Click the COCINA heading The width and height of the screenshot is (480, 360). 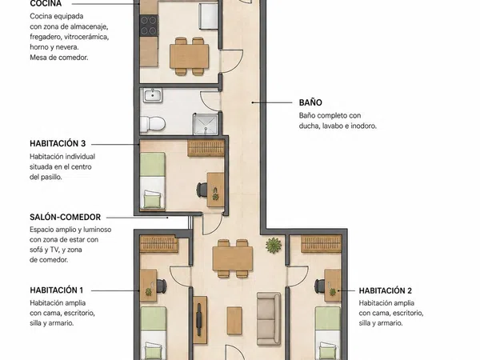click(x=46, y=4)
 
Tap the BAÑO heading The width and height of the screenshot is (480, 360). click(x=310, y=102)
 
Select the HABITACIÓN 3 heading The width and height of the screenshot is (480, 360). click(x=58, y=143)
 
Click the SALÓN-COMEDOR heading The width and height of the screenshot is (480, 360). click(x=66, y=217)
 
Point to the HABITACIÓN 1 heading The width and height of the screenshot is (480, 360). click(x=56, y=290)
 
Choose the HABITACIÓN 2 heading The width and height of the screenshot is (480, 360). click(x=386, y=290)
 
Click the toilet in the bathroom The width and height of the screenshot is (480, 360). click(x=153, y=124)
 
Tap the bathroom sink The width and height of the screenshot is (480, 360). click(x=153, y=95)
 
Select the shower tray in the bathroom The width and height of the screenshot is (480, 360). click(x=206, y=124)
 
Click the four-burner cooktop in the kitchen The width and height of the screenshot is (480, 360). click(x=149, y=26)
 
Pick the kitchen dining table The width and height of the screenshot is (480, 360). click(x=190, y=56)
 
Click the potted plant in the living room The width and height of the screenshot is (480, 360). click(x=274, y=246)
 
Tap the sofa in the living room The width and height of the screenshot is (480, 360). click(x=269, y=318)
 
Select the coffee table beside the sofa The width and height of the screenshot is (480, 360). click(x=234, y=321)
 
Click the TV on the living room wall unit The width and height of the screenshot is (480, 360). click(x=199, y=319)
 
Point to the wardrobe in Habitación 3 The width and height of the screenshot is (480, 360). click(x=206, y=148)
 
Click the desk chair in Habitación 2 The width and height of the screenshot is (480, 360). click(x=320, y=286)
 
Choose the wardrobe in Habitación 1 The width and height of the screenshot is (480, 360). click(x=159, y=244)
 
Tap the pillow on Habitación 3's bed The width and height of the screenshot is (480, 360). click(x=153, y=199)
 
